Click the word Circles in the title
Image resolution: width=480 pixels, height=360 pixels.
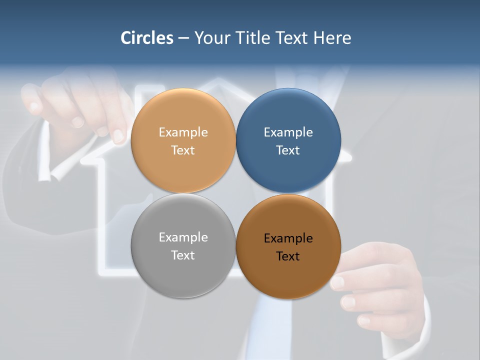coord(147,38)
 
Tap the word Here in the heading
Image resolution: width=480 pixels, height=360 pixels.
coord(332,38)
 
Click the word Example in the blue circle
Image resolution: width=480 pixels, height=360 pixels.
coord(288,132)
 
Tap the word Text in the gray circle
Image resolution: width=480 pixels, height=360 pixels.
coord(183,255)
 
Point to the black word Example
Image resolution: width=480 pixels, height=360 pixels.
coord(288,238)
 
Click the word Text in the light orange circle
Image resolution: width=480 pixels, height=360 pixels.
coord(183,150)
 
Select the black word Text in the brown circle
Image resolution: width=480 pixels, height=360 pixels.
coord(288,256)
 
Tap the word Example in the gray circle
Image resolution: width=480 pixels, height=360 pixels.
coord(183,237)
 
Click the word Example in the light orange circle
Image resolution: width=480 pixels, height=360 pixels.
coord(183,132)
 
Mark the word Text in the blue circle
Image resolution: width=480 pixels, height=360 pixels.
coord(288,150)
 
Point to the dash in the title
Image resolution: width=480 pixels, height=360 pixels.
coord(183,38)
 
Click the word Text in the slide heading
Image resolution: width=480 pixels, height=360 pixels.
coord(292,38)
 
